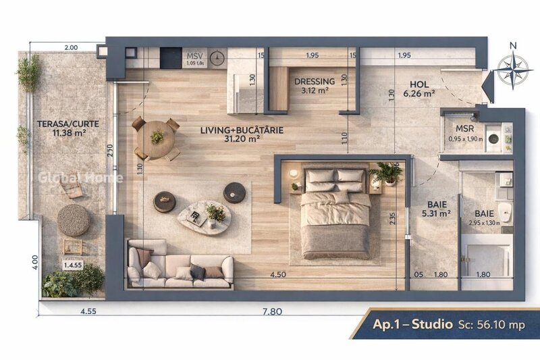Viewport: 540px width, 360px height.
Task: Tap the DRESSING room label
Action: pyautogui.click(x=315, y=86)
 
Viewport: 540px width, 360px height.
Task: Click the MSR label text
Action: pyautogui.click(x=465, y=128)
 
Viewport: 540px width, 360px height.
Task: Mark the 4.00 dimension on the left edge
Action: pyautogui.click(x=34, y=261)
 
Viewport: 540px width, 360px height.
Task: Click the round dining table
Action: pyautogui.click(x=157, y=138)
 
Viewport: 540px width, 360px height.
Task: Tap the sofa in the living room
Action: pyautogui.click(x=180, y=266)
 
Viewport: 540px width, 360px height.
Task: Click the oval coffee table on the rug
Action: pyautogui.click(x=205, y=216)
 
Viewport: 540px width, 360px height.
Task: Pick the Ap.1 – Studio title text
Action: pyautogui.click(x=412, y=325)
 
